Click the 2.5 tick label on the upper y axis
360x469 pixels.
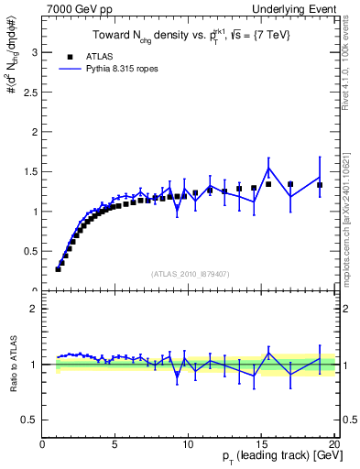click(x=30, y=93)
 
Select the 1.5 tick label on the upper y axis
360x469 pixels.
click(x=30, y=171)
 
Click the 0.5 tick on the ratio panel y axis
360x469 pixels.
click(x=30, y=420)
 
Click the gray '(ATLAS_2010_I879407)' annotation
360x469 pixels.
click(x=190, y=273)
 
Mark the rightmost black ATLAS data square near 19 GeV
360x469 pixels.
click(x=320, y=185)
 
